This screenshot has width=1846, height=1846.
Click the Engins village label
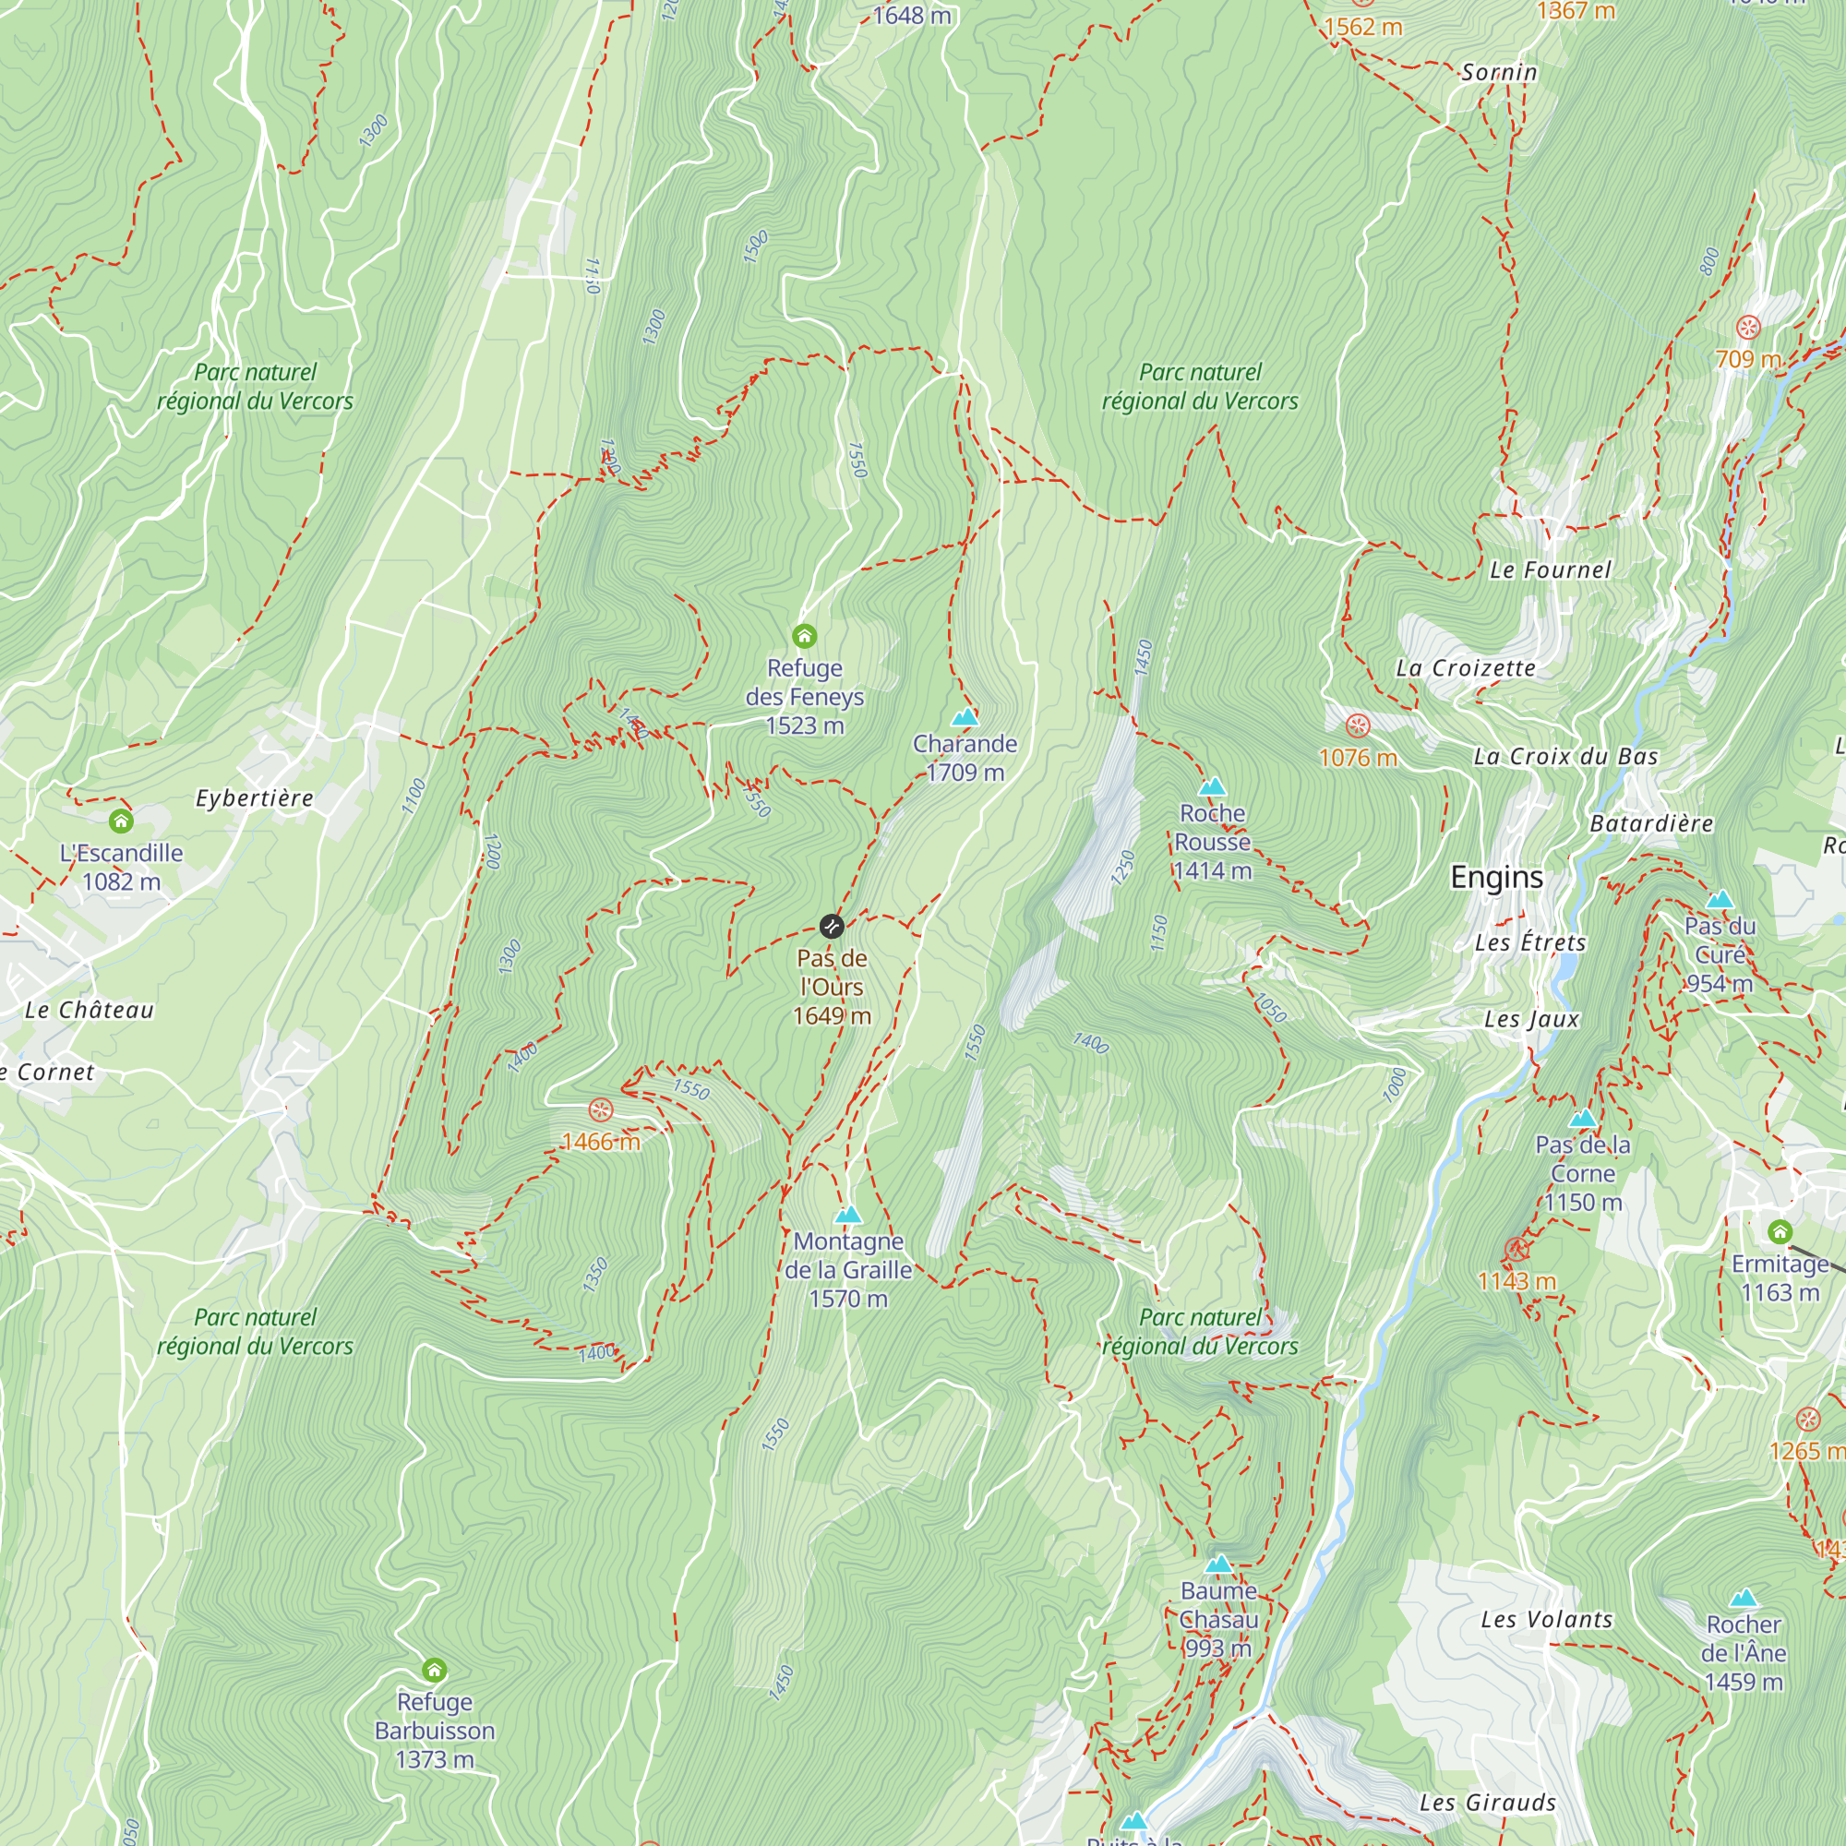click(x=1496, y=877)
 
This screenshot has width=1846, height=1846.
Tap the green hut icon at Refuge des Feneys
click(x=805, y=635)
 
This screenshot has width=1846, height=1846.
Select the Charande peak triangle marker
click(x=965, y=716)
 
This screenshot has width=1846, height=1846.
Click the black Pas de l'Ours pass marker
click(x=832, y=926)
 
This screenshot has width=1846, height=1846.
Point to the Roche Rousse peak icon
click(x=1212, y=786)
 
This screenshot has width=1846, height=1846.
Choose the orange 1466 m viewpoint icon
click(x=600, y=1109)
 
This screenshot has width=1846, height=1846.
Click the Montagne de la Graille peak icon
click(x=847, y=1215)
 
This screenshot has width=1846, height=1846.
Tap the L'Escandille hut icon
click(x=120, y=820)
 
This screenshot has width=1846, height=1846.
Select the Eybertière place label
click(x=254, y=797)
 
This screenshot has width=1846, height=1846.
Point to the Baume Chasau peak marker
click(x=1218, y=1564)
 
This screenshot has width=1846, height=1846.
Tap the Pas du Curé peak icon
click(x=1719, y=899)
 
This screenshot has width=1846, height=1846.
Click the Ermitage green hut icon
click(x=1780, y=1230)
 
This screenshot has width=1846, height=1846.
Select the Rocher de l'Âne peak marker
click(x=1743, y=1598)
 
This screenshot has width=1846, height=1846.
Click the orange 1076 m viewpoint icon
click(x=1358, y=725)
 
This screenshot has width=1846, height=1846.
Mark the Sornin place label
click(x=1498, y=73)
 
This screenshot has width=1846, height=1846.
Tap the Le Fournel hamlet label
click(x=1550, y=570)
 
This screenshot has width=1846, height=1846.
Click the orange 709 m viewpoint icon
click(x=1747, y=328)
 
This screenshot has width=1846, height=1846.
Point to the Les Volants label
click(x=1546, y=1620)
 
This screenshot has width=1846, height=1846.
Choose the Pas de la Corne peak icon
click(x=1582, y=1118)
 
